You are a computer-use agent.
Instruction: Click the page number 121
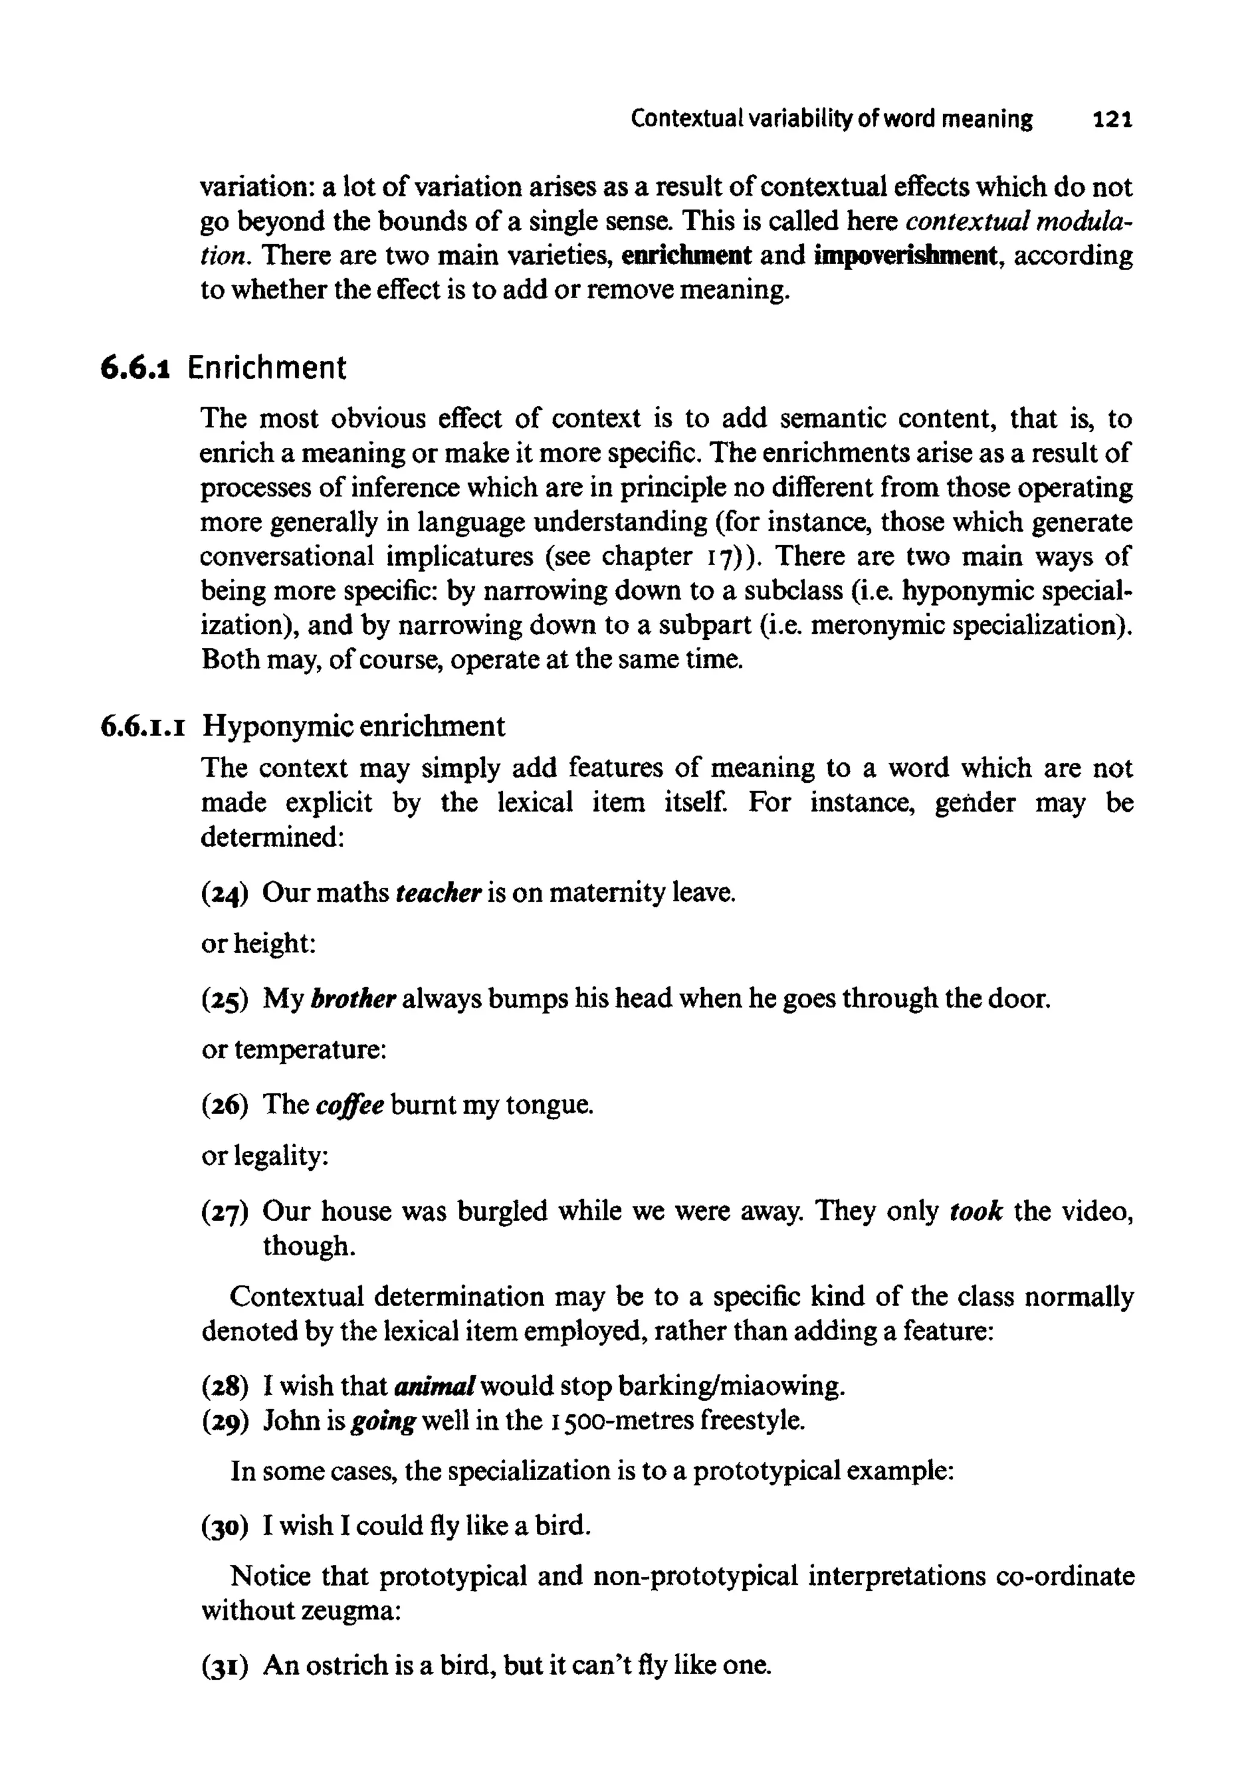click(1112, 120)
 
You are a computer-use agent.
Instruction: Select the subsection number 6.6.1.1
click(143, 726)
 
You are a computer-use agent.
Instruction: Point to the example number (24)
click(224, 893)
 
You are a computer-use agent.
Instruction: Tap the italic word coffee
click(350, 1104)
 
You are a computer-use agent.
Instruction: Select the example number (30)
click(224, 1526)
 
